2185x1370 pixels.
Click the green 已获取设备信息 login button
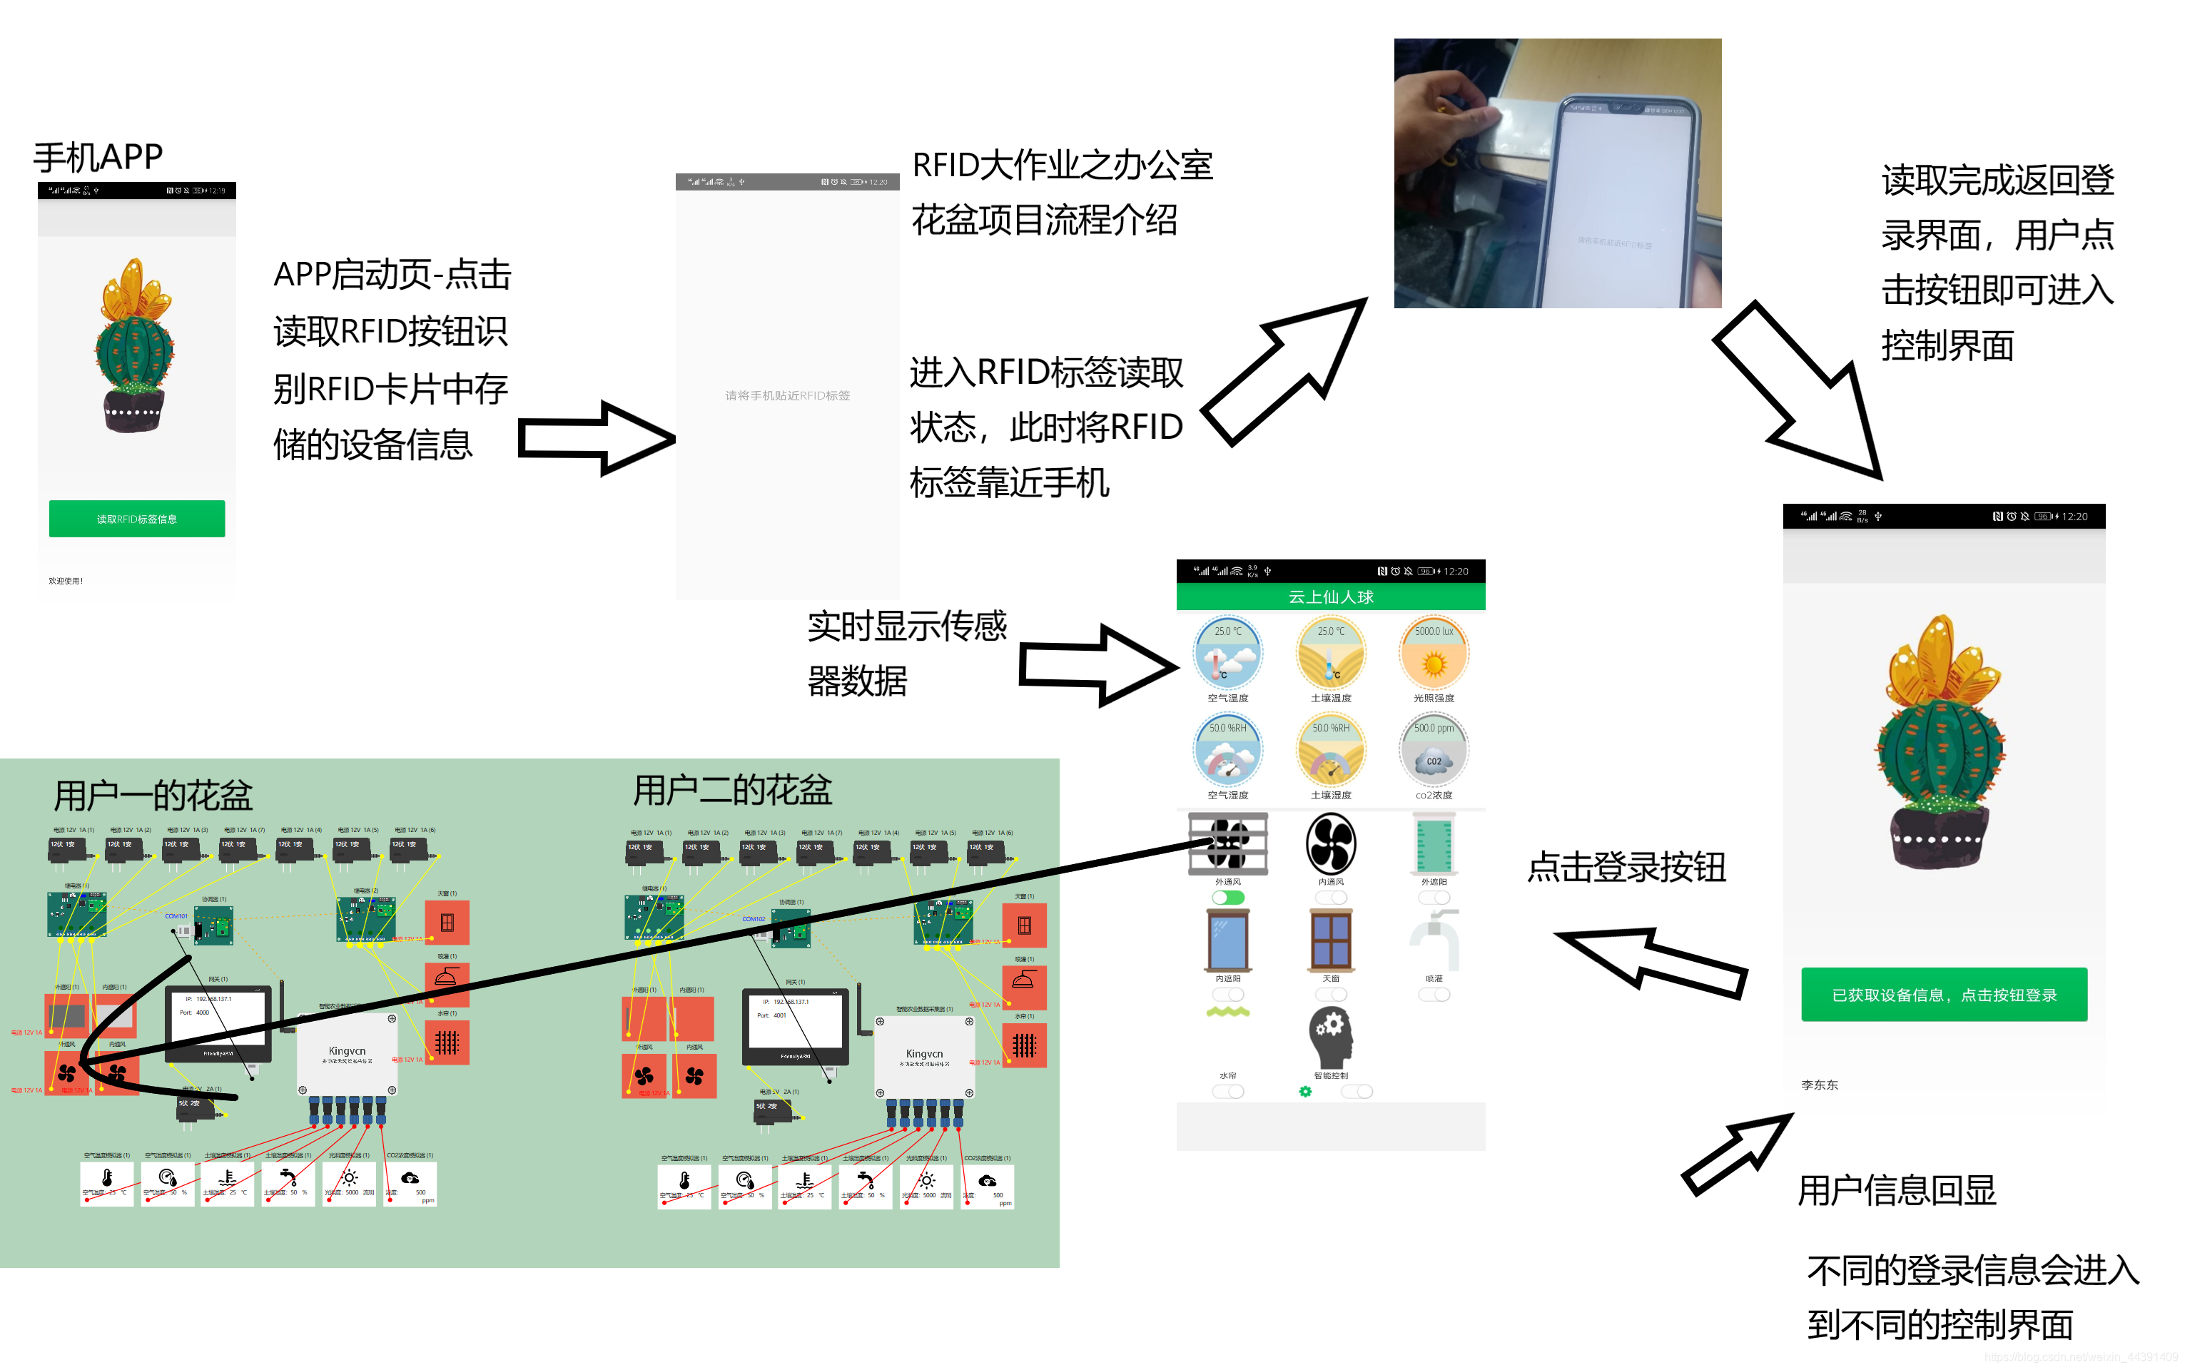tap(1943, 995)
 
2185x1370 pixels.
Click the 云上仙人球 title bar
tap(1330, 597)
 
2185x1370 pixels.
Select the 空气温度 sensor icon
tap(1227, 654)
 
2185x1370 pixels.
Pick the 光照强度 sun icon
tap(1433, 654)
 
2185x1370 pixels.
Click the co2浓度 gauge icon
tap(1433, 750)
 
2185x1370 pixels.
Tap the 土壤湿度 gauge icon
tap(1330, 750)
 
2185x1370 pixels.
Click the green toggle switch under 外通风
tap(1227, 898)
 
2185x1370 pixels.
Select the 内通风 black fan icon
tap(1330, 843)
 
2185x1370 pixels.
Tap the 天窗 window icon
tap(1330, 940)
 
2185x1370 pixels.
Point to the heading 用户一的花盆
tap(153, 796)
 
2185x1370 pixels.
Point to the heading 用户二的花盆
tap(732, 790)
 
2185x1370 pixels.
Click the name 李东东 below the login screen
tap(1819, 1085)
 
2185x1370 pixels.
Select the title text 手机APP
tap(98, 158)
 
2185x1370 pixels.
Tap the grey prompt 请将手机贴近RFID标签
tap(787, 396)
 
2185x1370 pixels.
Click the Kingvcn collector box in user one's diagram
tap(347, 1054)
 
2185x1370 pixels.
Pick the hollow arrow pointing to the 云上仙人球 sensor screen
tap(1098, 666)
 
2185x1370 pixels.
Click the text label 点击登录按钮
tap(1626, 867)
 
